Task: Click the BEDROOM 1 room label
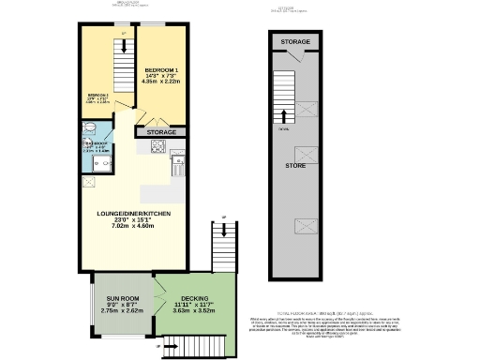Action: coord(163,70)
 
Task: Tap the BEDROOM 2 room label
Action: coord(97,96)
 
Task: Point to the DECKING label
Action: coord(194,298)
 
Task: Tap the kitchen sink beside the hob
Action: coord(177,166)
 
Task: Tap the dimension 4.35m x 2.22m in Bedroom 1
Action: coord(163,82)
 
